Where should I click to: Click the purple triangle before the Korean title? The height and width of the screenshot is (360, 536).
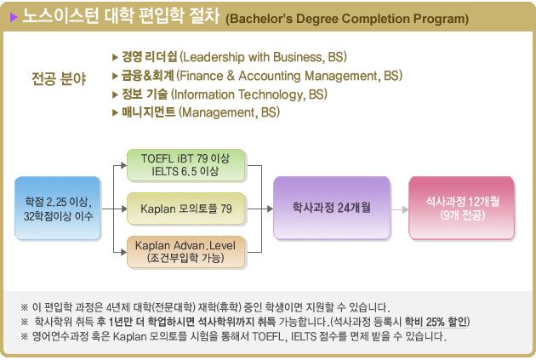14,17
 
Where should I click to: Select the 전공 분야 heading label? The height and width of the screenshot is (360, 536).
59,78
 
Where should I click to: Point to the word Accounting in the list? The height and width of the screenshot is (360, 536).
270,76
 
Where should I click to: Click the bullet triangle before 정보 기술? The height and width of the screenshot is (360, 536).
115,94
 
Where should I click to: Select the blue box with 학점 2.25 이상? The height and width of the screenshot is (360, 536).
58,209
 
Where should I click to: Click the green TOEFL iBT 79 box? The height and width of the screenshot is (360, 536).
186,165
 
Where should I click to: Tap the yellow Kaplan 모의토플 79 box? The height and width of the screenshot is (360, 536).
186,209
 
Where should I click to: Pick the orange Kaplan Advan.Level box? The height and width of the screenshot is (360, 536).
186,252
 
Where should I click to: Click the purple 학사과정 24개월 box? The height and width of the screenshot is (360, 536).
332,208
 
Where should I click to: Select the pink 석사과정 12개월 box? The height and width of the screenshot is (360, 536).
462,208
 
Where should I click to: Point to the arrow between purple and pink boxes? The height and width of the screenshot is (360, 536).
400,209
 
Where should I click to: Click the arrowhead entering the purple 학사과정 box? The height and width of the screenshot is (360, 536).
270,209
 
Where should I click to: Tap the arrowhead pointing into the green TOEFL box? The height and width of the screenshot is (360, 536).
123,165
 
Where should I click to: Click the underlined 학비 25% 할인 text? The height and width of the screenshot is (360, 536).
436,322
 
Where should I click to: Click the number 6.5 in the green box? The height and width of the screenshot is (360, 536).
189,171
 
